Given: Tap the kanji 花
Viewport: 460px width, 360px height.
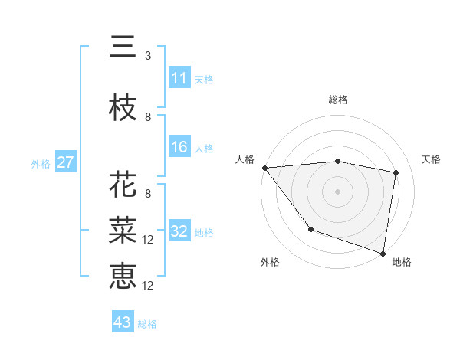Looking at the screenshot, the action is click(x=123, y=185).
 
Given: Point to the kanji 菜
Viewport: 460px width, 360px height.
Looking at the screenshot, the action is click(x=123, y=230).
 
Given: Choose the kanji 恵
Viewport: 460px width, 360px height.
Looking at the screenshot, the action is click(x=123, y=275).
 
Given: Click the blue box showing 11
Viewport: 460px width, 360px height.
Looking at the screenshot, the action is click(x=179, y=78).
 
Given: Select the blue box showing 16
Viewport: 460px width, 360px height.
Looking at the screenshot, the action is click(x=179, y=147).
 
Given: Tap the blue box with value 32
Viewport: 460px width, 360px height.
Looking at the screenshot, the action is click(x=179, y=232).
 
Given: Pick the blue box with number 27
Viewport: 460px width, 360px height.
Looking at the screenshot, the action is click(x=65, y=162).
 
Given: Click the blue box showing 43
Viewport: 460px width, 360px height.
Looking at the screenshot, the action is click(x=123, y=322).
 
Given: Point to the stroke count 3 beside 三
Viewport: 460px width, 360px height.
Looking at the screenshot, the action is click(x=147, y=56).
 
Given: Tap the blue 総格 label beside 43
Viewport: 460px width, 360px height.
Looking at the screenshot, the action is click(x=147, y=324).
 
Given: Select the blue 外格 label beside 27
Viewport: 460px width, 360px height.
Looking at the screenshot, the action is click(x=41, y=163).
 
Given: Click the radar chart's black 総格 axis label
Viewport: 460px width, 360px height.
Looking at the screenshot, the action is click(x=338, y=100).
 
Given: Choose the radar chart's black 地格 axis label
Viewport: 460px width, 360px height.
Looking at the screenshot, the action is click(x=402, y=262).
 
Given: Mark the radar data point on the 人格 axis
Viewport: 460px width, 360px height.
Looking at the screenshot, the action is click(x=264, y=168).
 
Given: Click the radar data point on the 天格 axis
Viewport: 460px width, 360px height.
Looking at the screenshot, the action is click(x=396, y=172).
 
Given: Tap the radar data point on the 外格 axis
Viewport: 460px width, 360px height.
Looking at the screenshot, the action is click(x=310, y=229).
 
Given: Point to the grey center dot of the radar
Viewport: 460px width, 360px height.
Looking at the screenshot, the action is click(x=338, y=191).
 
